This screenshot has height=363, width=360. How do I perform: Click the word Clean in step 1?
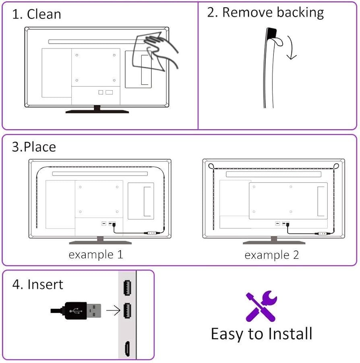point(44,14)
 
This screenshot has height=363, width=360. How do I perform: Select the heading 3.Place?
point(34,147)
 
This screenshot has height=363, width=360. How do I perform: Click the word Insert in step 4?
point(45,284)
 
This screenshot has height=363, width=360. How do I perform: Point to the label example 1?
point(96,255)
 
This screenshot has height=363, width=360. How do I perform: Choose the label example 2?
point(271,255)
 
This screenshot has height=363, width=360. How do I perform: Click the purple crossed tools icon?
point(261,306)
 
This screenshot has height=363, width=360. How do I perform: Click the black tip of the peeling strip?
point(271,33)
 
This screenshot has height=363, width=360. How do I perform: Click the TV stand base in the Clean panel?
point(97,111)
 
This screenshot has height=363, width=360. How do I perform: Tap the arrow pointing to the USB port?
point(113,310)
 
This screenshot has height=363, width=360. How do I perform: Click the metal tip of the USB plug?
point(94,311)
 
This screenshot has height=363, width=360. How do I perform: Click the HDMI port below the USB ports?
point(127,349)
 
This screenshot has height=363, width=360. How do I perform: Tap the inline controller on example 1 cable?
point(151,233)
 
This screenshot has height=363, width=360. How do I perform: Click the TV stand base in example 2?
point(274,242)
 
